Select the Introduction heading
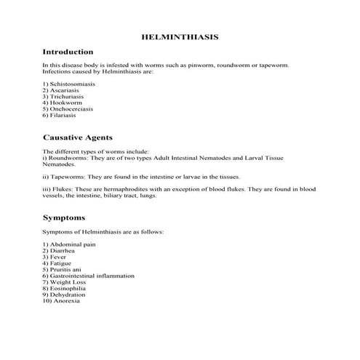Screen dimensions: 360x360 click(68, 52)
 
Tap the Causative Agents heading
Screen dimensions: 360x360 click(77, 137)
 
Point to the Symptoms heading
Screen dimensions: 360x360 click(64, 217)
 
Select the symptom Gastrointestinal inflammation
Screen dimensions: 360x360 click(82, 276)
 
